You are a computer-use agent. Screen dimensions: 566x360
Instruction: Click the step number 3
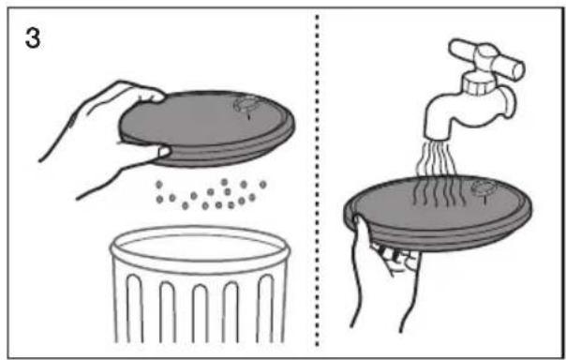pyautogui.click(x=33, y=38)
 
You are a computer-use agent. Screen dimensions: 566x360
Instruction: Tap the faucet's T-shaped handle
pyautogui.click(x=486, y=58)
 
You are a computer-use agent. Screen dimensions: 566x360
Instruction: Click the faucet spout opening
pyautogui.click(x=437, y=138)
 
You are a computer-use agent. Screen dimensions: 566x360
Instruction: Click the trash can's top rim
pyautogui.click(x=201, y=248)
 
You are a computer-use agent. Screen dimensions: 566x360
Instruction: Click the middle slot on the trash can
pyautogui.click(x=200, y=313)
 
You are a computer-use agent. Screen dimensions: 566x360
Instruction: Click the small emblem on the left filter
pyautogui.click(x=246, y=105)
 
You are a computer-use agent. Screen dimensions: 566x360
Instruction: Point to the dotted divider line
pyautogui.click(x=317, y=181)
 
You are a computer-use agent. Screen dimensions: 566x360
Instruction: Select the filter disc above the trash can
pyautogui.click(x=207, y=128)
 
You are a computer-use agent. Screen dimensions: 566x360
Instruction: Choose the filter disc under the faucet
pyautogui.click(x=438, y=213)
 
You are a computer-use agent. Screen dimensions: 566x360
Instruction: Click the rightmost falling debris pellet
pyautogui.click(x=262, y=185)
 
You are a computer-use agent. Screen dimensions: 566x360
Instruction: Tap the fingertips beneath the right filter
pyautogui.click(x=395, y=257)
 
